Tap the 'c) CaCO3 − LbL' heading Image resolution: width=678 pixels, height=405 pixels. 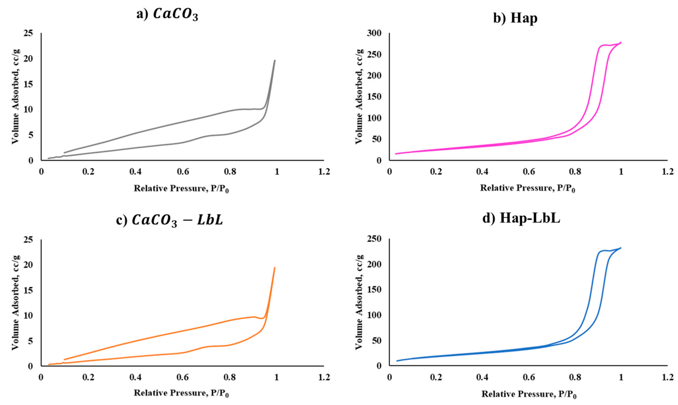(170, 220)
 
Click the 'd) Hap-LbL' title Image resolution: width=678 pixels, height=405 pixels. (521, 219)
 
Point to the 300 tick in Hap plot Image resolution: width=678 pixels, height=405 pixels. (376, 33)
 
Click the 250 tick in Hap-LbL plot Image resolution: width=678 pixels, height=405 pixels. (376, 239)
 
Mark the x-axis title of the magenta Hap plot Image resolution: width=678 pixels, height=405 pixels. (527, 188)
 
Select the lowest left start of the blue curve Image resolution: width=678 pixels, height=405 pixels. (397, 361)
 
